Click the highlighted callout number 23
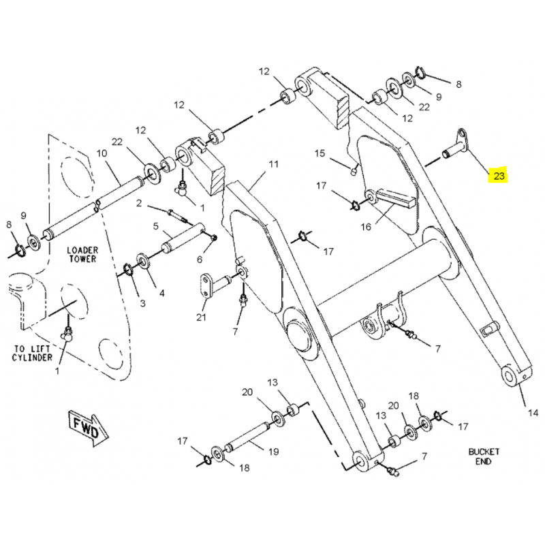499,176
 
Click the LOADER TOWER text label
82,255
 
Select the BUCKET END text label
484,456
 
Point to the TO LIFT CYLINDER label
31,353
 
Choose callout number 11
273,164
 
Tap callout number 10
102,153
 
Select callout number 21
201,317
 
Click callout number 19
273,451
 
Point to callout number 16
366,227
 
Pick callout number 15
320,153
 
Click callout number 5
155,225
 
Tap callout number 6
200,260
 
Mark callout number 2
138,203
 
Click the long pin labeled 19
249,437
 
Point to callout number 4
161,294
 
